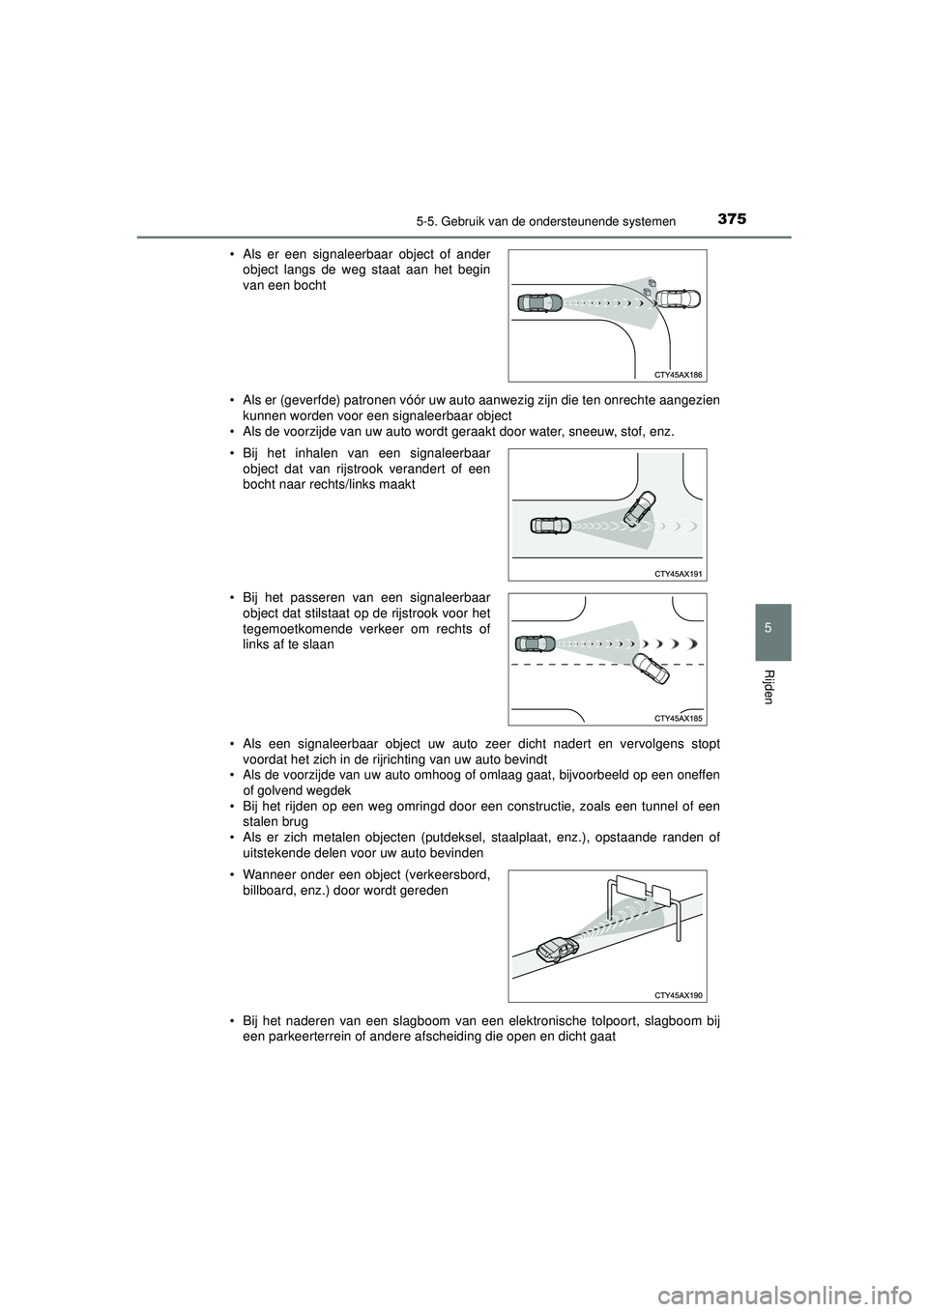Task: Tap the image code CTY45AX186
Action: (x=678, y=374)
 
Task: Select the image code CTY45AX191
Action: (x=678, y=573)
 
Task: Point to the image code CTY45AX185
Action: (x=678, y=718)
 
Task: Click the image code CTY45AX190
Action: (x=678, y=994)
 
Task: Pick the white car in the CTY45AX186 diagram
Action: (x=676, y=300)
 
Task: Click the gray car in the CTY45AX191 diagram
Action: (x=552, y=527)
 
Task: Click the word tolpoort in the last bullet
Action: (x=616, y=1023)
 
